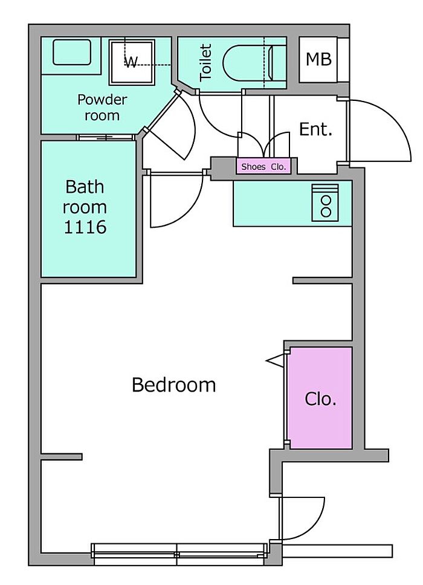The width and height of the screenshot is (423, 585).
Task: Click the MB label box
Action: click(318, 60)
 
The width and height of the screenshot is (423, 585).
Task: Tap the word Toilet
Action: click(205, 62)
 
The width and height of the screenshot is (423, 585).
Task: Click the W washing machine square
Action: click(132, 62)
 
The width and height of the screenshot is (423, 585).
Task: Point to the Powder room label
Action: click(102, 108)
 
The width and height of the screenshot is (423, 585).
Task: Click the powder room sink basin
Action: click(72, 52)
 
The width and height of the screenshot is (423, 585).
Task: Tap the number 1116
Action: click(85, 227)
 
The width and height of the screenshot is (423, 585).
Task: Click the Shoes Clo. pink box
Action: click(263, 166)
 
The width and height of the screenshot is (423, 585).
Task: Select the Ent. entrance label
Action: click(315, 129)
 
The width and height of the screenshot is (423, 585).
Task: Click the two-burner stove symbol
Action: click(326, 202)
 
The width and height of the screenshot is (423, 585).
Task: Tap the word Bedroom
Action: click(174, 384)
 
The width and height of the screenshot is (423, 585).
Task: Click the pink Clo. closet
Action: click(321, 398)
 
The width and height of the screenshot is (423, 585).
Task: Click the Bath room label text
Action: click(85, 196)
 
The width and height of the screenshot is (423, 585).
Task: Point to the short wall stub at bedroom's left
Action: click(62, 456)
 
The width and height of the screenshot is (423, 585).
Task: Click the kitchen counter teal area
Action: click(292, 203)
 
